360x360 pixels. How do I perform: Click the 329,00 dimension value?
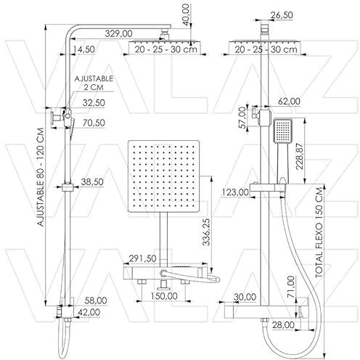point(118,33)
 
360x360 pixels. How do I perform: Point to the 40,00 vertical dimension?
point(187,15)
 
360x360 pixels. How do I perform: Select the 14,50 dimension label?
point(84,49)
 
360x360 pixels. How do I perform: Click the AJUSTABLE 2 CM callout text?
point(94,83)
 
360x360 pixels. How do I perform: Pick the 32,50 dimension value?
point(94,103)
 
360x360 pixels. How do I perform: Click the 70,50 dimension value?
point(94,123)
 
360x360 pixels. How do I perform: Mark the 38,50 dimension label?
point(92,181)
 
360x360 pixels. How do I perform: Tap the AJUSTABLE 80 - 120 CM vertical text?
point(41,177)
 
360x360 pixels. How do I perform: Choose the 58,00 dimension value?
point(96,300)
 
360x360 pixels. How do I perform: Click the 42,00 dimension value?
point(89,312)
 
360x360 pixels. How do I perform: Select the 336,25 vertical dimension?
point(206,232)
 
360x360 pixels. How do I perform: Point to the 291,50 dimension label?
point(142,258)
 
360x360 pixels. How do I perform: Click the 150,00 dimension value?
point(164,296)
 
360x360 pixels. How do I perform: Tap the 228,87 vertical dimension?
point(300,156)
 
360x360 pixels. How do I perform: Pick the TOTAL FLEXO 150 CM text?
point(319,232)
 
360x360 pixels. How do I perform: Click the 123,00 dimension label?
point(235,192)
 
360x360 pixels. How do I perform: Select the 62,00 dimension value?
point(289,101)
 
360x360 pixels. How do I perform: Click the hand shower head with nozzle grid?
point(282,131)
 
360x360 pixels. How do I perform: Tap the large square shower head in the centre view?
point(164,176)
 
